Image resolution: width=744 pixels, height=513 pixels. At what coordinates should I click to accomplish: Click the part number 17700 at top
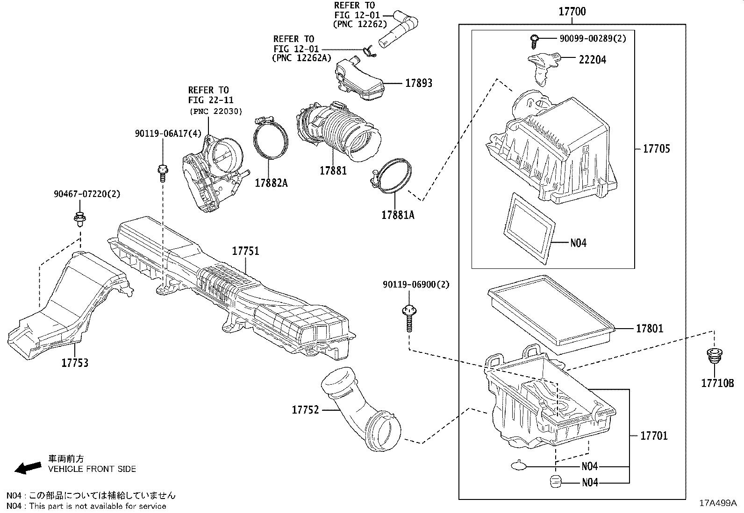pos(572,11)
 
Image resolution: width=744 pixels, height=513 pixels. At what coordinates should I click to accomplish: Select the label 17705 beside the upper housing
pos(656,149)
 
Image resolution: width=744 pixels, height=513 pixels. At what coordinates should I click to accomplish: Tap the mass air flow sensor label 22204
pos(593,60)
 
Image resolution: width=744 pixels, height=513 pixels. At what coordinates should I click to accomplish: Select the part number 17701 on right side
pos(653,436)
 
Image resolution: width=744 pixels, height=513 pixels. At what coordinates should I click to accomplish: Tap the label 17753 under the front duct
pos(75,363)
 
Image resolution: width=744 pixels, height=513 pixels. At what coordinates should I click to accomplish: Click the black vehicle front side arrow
pos(28,467)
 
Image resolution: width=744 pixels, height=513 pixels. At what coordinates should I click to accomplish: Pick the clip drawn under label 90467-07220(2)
pos(79,219)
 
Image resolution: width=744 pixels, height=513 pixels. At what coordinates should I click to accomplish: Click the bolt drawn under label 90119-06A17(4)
pos(163,172)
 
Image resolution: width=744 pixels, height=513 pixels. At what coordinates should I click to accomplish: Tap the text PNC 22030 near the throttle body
pos(216,112)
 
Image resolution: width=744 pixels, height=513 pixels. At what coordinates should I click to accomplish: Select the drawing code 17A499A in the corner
pos(717,503)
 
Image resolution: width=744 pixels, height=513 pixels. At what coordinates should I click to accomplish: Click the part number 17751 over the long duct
pos(245,251)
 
